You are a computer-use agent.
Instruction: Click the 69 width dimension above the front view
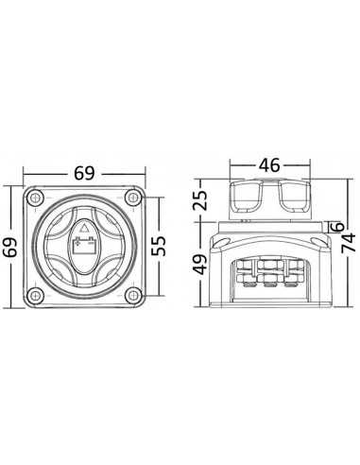pyautogui.click(x=84, y=173)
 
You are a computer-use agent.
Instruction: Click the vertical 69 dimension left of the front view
pyautogui.click(x=9, y=248)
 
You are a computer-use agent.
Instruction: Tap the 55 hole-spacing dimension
pyautogui.click(x=159, y=246)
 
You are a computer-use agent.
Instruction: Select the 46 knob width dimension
pyautogui.click(x=269, y=165)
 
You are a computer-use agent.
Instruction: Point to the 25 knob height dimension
pyautogui.click(x=200, y=200)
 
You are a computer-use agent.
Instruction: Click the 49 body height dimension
pyautogui.click(x=200, y=265)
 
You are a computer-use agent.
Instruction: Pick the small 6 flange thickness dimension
pyautogui.click(x=337, y=227)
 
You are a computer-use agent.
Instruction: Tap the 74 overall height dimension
pyautogui.click(x=349, y=243)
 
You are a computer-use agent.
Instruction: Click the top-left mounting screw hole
pyautogui.click(x=35, y=198)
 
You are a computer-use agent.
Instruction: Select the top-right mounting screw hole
pyautogui.click(x=133, y=198)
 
